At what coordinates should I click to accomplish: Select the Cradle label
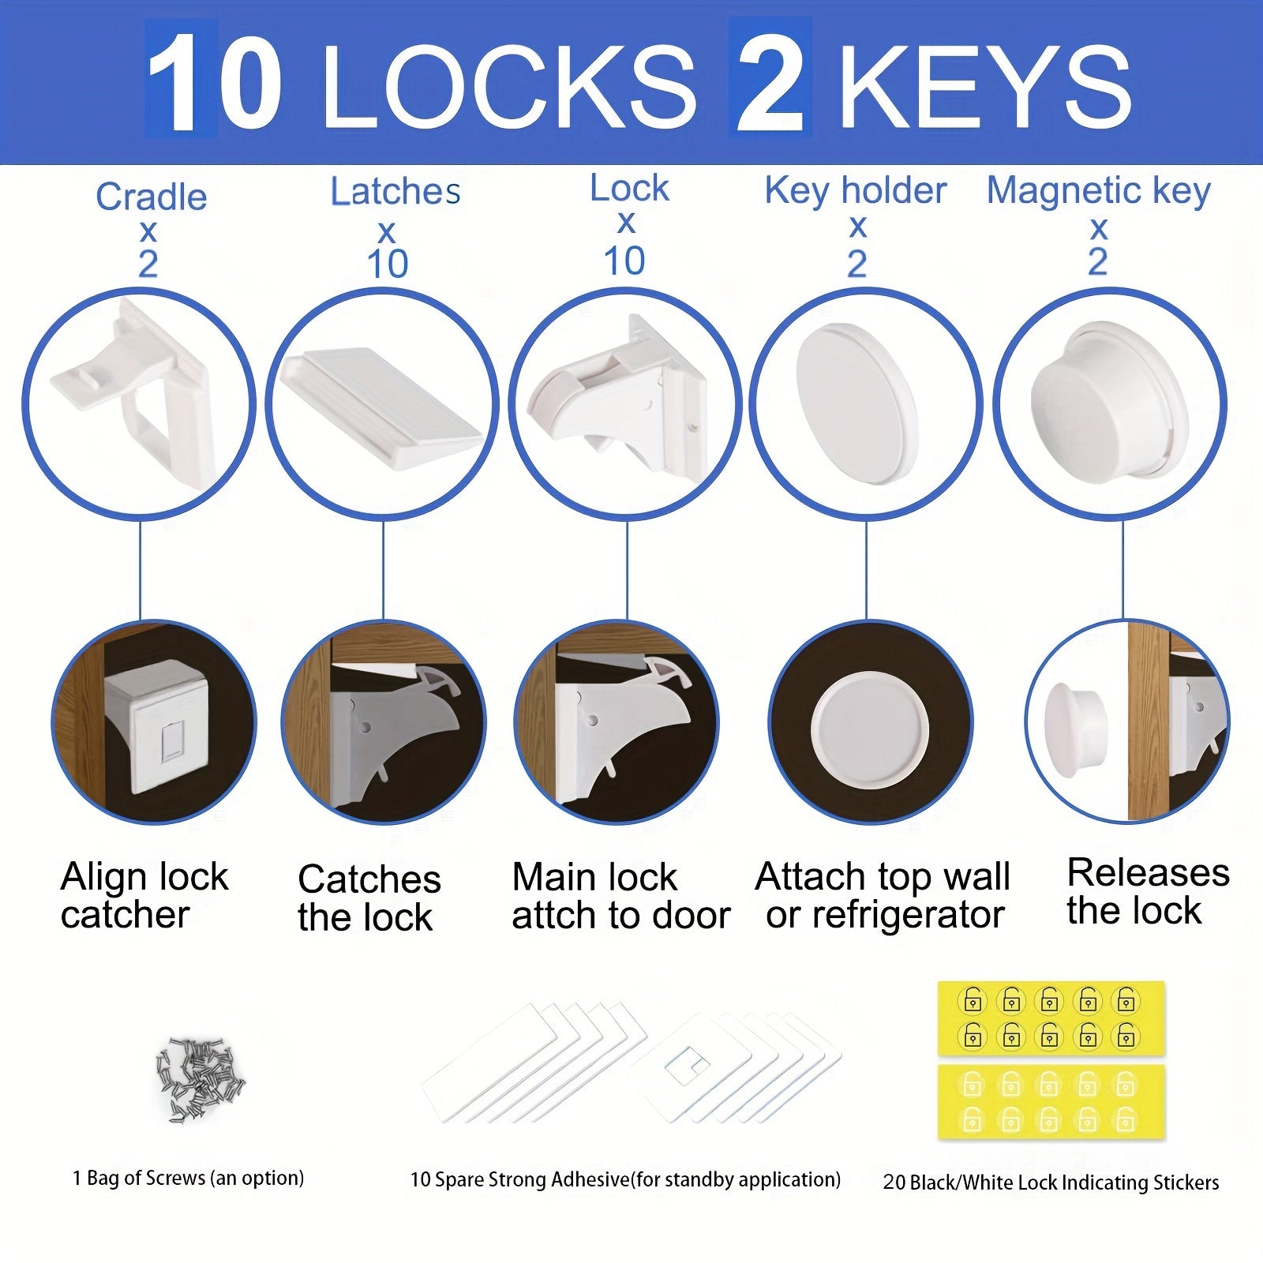click(151, 197)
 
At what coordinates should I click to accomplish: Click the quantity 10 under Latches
click(387, 264)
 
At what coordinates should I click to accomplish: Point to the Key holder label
click(855, 190)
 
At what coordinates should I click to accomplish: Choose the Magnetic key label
click(1098, 190)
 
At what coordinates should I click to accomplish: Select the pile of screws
click(200, 1077)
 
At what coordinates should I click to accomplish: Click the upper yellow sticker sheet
click(1051, 1019)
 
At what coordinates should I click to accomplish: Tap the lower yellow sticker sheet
click(1051, 1102)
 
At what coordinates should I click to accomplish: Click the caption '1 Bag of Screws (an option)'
click(188, 1179)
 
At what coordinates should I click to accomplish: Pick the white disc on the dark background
click(870, 730)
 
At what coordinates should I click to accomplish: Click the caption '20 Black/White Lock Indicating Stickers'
click(1051, 1182)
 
